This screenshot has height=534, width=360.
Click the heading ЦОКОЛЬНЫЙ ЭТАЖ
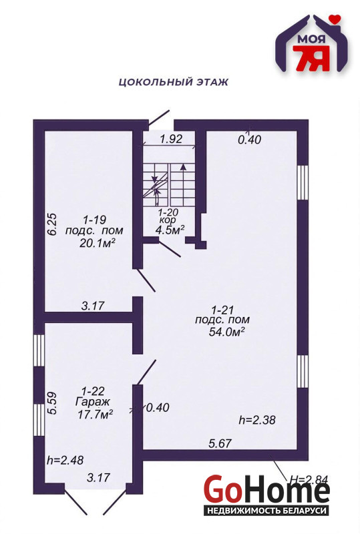(x=173, y=82)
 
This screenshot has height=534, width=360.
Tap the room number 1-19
(x=95, y=220)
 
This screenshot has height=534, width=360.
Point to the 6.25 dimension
(x=53, y=224)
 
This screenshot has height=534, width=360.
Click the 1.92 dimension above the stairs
(x=171, y=139)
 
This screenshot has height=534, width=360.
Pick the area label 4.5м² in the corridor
(x=170, y=230)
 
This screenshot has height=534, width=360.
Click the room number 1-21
(x=222, y=310)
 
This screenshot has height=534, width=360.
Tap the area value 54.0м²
(x=227, y=332)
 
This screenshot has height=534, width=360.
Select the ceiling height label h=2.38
(x=257, y=420)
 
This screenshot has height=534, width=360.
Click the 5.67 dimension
(x=220, y=443)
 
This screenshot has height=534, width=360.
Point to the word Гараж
(x=93, y=402)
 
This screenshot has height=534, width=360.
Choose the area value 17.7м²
(x=96, y=415)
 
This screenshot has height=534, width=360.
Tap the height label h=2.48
(x=65, y=460)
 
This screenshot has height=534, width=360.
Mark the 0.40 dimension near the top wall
(x=250, y=140)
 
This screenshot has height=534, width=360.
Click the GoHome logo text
(x=267, y=491)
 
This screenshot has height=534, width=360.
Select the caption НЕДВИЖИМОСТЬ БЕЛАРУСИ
(x=267, y=511)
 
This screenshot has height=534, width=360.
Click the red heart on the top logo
(x=335, y=19)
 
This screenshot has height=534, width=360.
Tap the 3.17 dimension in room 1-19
(x=93, y=306)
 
